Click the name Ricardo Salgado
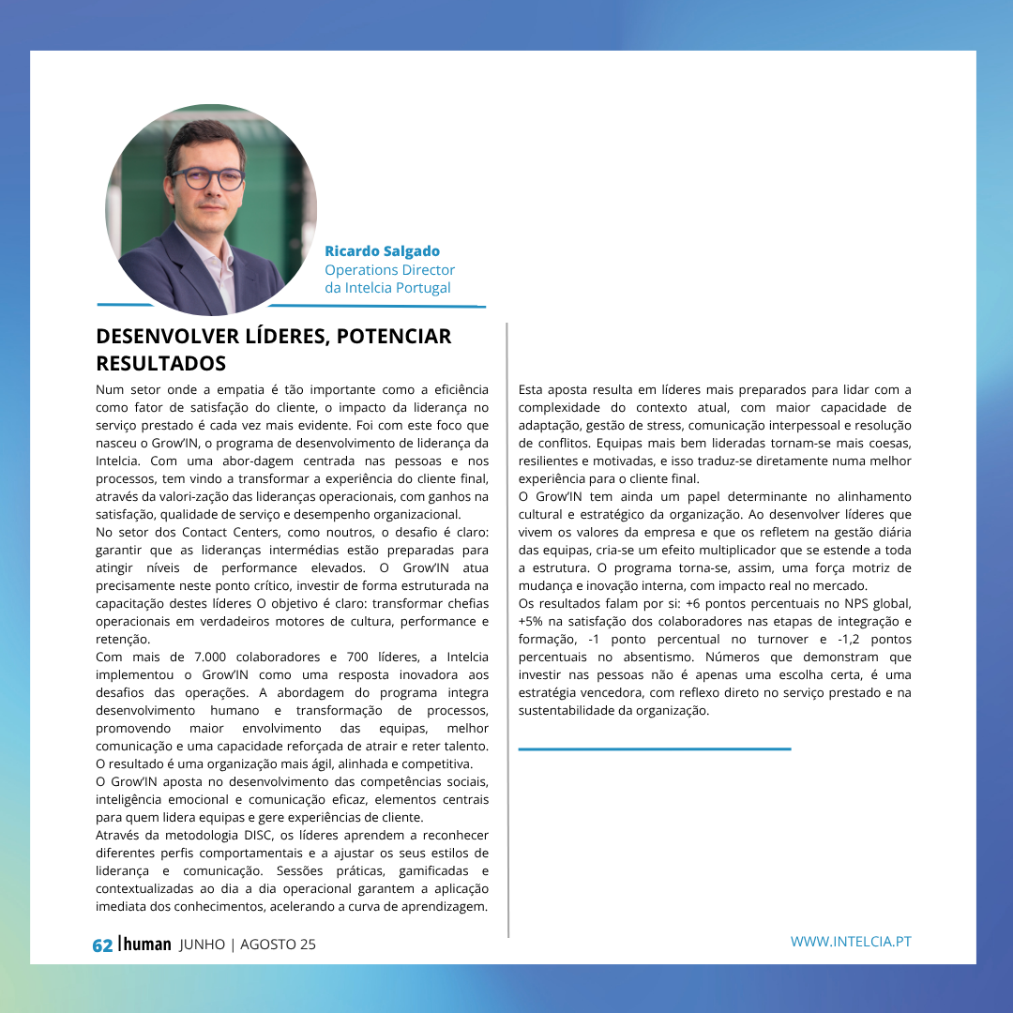382,251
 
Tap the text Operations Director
389,270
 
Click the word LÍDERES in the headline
279,336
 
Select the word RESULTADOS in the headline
161,363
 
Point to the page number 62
102,945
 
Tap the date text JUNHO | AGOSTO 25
248,945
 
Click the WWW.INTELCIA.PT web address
851,942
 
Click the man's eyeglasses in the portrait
208,178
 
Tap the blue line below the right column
655,748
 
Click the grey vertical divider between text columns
507,628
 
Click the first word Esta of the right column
532,390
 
